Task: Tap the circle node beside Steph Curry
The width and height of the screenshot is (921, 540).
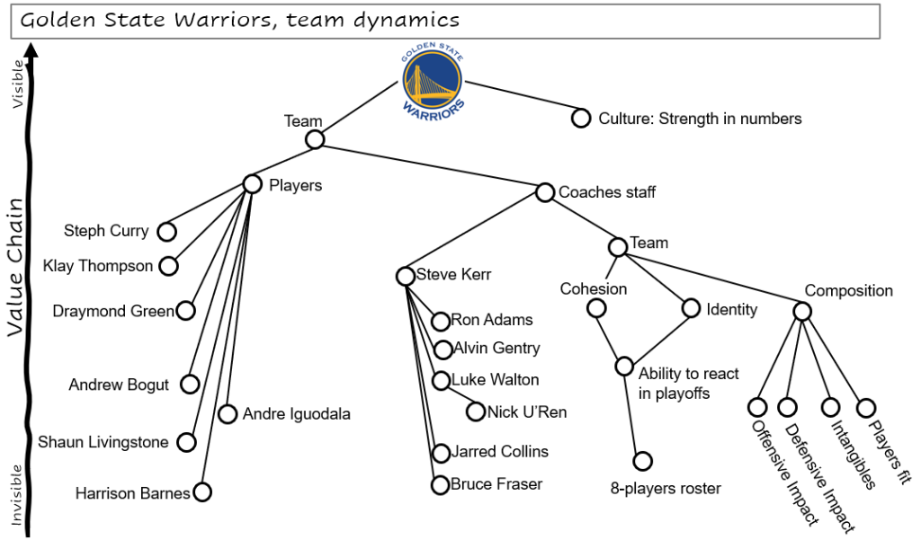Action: tap(166, 232)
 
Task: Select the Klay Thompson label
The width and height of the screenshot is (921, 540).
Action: tap(98, 266)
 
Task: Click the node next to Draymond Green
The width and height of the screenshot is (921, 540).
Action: tap(185, 311)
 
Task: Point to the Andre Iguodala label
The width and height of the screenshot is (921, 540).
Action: tap(296, 414)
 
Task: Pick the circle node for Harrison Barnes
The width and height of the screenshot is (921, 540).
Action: tap(202, 492)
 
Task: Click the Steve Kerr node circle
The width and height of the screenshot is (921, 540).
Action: tap(405, 276)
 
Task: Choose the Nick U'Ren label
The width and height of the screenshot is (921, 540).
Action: tap(526, 412)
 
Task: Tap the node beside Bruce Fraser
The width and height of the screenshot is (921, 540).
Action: tap(440, 485)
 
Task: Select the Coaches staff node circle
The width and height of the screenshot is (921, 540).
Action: tap(544, 192)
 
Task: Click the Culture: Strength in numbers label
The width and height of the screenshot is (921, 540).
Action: tap(700, 119)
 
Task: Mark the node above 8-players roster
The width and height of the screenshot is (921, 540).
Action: tap(642, 461)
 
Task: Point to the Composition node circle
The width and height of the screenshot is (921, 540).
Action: tap(802, 311)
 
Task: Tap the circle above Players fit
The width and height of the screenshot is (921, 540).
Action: tap(865, 408)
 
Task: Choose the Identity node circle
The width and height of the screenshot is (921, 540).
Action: tap(691, 308)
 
